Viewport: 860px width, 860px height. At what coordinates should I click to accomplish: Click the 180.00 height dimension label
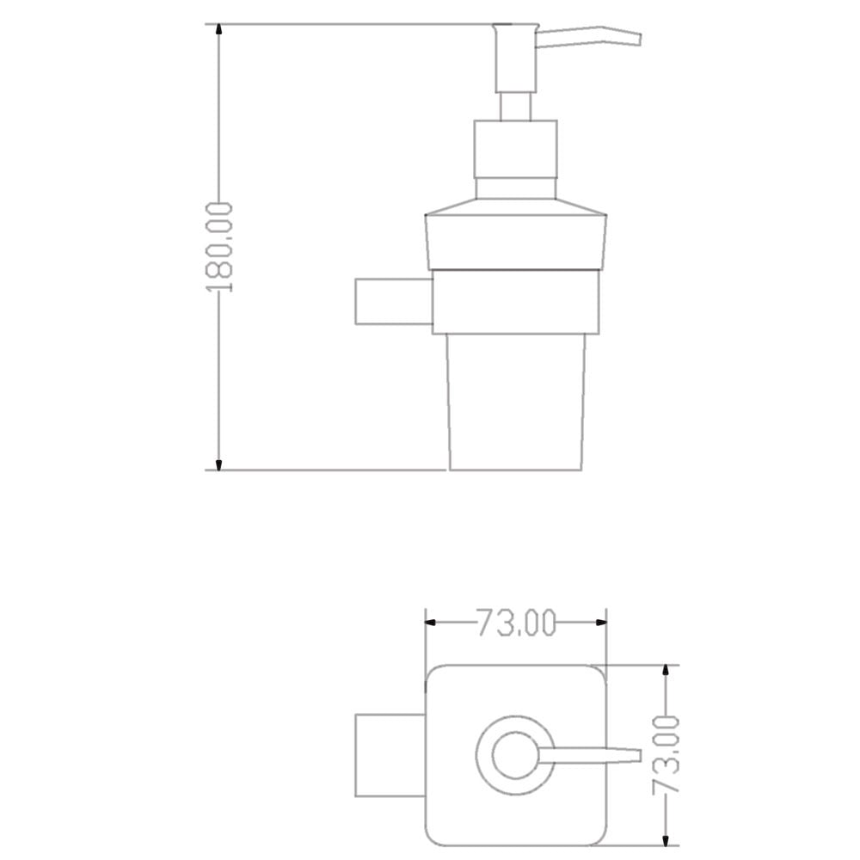pyautogui.click(x=219, y=248)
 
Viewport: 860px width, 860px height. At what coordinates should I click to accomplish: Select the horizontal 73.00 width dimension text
pyautogui.click(x=516, y=623)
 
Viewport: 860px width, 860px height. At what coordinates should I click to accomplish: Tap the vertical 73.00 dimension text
pyautogui.click(x=666, y=755)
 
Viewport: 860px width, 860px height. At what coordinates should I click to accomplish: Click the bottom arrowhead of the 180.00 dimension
pyautogui.click(x=219, y=463)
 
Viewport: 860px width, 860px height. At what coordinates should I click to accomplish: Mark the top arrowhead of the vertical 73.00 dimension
pyautogui.click(x=666, y=673)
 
